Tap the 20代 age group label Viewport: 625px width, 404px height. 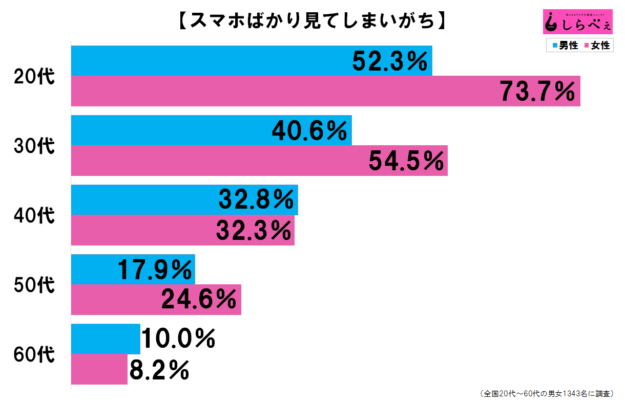(34, 76)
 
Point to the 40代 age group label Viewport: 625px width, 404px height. (34, 215)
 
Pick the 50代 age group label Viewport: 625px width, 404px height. (34, 285)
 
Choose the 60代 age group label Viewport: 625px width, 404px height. (34, 354)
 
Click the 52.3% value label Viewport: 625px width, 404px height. (390, 62)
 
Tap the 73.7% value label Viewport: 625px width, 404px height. (537, 92)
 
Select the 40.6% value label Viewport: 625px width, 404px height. (309, 131)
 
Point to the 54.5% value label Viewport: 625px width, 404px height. (406, 162)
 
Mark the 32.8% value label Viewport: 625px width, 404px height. (257, 199)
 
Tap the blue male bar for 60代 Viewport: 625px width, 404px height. (105, 339)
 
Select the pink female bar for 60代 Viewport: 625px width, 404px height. (99, 369)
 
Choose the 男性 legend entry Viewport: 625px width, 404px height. (565, 46)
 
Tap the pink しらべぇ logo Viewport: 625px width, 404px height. (577, 23)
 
